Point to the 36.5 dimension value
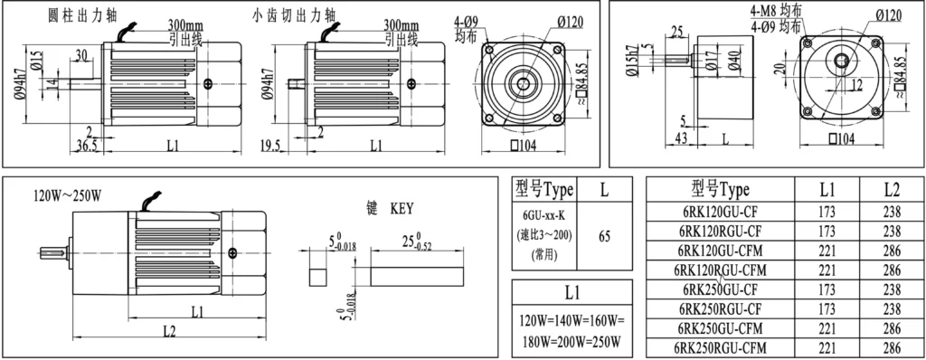pyautogui.click(x=87, y=146)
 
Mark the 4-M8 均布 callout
pyautogui.click(x=775, y=11)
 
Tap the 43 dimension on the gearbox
pyautogui.click(x=681, y=139)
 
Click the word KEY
pyautogui.click(x=402, y=209)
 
